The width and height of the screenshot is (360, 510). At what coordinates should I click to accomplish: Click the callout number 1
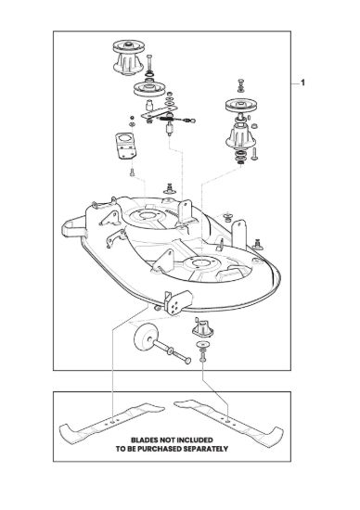[302, 83]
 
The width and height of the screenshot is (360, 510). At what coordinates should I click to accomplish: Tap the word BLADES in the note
[145, 440]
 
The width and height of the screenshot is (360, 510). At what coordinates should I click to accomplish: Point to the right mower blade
[229, 422]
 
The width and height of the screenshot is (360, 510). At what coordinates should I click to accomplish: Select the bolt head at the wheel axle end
[186, 361]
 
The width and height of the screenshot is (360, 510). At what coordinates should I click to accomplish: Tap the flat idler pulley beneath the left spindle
[148, 88]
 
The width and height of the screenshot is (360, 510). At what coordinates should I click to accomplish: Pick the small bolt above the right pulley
[240, 85]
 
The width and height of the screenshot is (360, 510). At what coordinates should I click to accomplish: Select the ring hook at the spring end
[192, 121]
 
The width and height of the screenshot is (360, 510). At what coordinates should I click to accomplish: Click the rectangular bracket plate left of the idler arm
[124, 146]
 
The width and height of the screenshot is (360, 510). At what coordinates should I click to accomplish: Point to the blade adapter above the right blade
[202, 328]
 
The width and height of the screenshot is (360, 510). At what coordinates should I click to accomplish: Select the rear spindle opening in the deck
[147, 216]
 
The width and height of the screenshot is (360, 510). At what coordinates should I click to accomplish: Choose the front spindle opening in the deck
[199, 263]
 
